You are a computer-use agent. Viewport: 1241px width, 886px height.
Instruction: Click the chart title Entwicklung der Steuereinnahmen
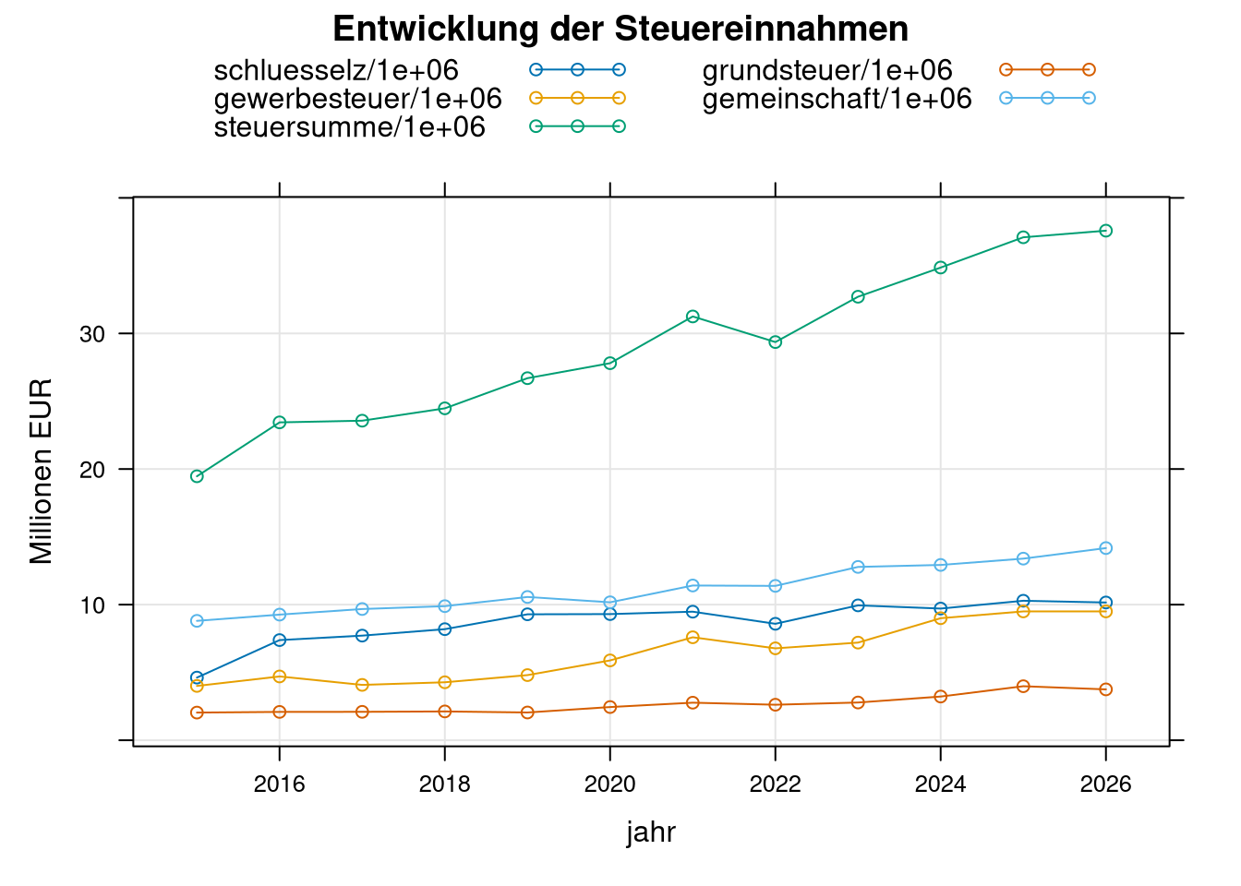[x=620, y=30]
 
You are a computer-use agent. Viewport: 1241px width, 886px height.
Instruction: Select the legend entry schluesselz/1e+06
[x=336, y=70]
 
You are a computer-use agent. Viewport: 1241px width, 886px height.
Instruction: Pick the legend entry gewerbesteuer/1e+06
[x=357, y=99]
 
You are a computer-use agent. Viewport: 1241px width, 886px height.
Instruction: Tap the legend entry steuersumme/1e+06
[x=349, y=127]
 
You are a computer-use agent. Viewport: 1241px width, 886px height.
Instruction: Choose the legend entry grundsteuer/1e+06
[x=826, y=70]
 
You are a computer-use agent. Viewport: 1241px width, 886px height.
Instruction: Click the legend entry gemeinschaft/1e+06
[x=837, y=99]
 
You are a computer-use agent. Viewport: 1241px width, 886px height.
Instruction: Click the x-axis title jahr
[x=651, y=832]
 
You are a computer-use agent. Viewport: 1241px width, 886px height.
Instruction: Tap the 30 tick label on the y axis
[x=93, y=334]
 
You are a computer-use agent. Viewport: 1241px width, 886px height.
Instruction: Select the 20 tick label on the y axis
[x=93, y=470]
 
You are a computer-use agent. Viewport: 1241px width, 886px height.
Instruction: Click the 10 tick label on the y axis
[x=93, y=605]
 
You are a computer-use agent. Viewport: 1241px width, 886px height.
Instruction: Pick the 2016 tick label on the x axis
[x=279, y=785]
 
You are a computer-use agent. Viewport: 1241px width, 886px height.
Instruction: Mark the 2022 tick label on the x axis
[x=775, y=785]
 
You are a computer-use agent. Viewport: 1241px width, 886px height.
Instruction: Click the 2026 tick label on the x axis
[x=1105, y=785]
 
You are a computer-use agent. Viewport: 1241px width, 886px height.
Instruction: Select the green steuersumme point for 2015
[x=197, y=476]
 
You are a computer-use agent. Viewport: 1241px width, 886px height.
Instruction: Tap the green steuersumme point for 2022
[x=775, y=342]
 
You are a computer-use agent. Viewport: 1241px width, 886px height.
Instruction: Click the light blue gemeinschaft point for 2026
[x=1105, y=548]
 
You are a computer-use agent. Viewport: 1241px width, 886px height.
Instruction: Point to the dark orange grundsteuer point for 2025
[x=1023, y=687]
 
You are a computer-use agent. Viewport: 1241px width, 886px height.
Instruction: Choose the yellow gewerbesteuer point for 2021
[x=693, y=638]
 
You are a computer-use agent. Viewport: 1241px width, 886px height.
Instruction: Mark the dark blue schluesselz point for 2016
[x=279, y=641]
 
